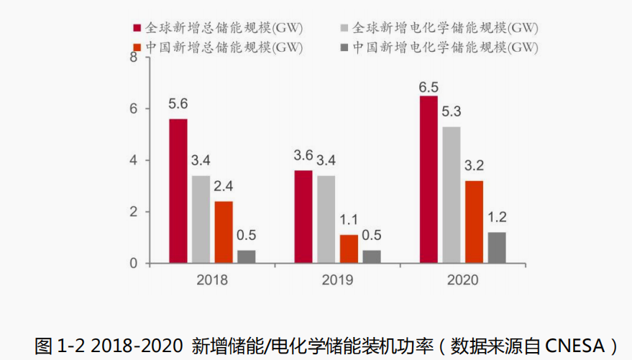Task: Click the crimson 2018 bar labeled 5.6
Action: [x=178, y=191]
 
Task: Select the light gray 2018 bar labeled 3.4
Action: [x=201, y=219]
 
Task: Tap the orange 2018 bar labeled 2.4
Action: [x=224, y=232]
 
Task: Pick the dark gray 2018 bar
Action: [x=247, y=257]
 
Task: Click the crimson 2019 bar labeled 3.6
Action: [x=303, y=217]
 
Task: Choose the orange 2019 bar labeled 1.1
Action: [x=349, y=249]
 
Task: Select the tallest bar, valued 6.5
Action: [x=429, y=180]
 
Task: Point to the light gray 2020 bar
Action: [x=452, y=195]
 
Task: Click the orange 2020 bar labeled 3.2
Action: [x=474, y=222]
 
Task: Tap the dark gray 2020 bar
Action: [x=497, y=247]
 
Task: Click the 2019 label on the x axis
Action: [x=337, y=280]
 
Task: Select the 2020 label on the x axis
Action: [x=462, y=280]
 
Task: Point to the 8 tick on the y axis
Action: [x=132, y=57]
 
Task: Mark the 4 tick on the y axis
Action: [x=132, y=160]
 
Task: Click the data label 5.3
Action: [x=451, y=113]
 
